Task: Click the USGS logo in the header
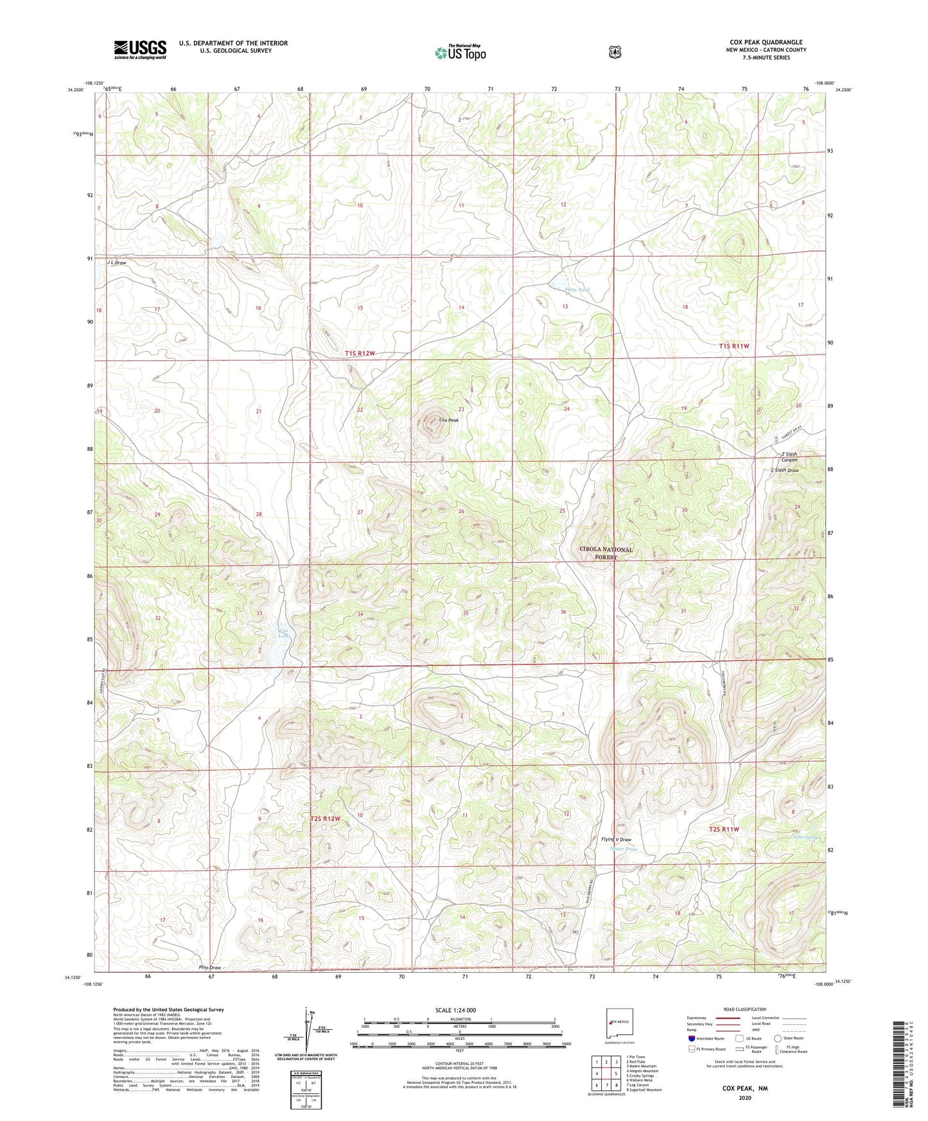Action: (x=140, y=49)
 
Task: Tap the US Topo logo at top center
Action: (x=460, y=52)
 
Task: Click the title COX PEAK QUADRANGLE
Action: (x=764, y=42)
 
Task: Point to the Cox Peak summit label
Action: (x=449, y=420)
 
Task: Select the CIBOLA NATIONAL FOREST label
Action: (x=606, y=553)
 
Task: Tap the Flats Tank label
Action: (x=577, y=290)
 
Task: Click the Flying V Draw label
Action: (x=616, y=839)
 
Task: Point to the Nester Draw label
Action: (x=623, y=849)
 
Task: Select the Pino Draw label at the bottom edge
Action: (x=209, y=968)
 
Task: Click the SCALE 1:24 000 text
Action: (x=455, y=1010)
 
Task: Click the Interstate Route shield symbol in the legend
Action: (x=691, y=1038)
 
